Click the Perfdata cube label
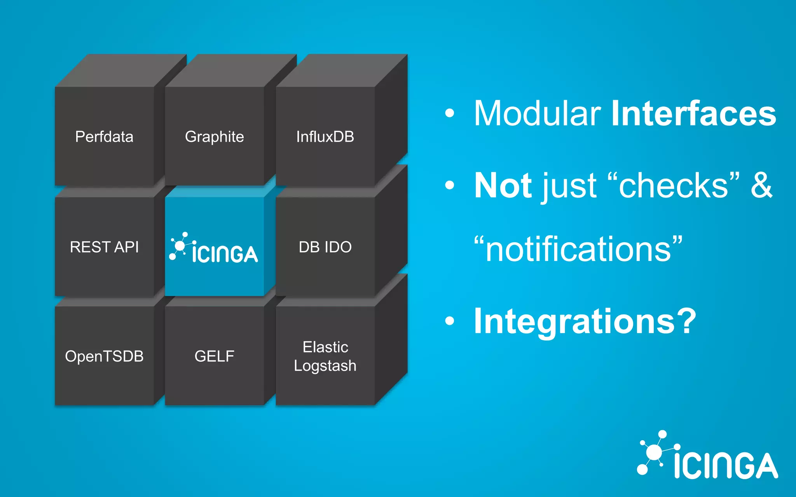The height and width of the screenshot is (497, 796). click(x=104, y=137)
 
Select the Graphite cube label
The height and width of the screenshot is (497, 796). click(x=214, y=137)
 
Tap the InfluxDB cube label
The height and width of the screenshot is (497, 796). click(x=325, y=137)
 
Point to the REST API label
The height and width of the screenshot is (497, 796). click(x=104, y=247)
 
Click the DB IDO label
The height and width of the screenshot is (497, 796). click(x=325, y=247)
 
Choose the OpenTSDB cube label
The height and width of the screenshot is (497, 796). click(x=104, y=356)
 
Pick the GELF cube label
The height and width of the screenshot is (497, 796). click(x=214, y=356)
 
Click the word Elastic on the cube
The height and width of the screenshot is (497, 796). click(x=325, y=347)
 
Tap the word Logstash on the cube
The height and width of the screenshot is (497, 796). click(x=325, y=366)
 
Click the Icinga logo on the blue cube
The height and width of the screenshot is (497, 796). click(x=214, y=248)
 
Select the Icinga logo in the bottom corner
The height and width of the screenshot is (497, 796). click(x=707, y=456)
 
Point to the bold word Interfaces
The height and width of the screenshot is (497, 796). click(x=693, y=113)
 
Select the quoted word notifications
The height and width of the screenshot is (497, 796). click(x=578, y=249)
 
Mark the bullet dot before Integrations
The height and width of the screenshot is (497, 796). click(x=450, y=321)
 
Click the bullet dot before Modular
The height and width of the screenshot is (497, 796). click(x=450, y=113)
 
